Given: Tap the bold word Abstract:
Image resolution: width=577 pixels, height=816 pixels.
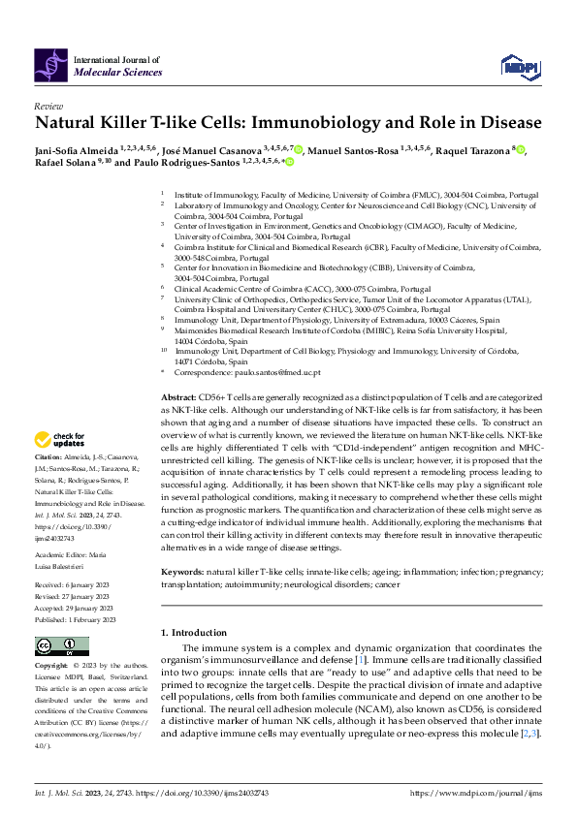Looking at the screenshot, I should pyautogui.click(x=178, y=397).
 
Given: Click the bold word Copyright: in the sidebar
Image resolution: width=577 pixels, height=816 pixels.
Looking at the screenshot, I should pyautogui.click(x=51, y=667).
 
